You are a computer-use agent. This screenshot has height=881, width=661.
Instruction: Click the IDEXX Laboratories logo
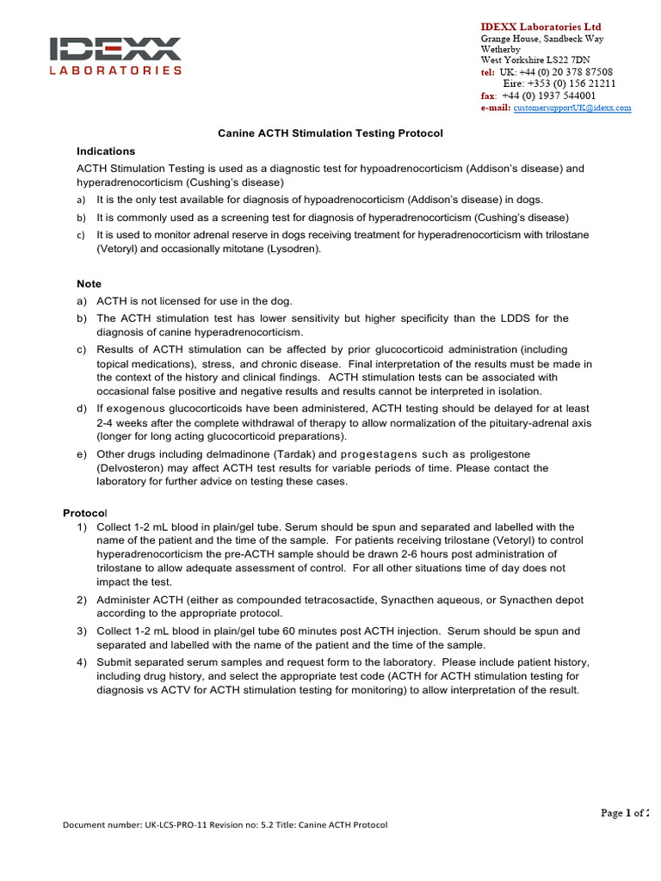click(115, 56)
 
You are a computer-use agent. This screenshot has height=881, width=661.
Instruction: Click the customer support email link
click(572, 108)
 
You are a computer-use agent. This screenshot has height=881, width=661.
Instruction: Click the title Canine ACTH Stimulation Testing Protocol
click(330, 133)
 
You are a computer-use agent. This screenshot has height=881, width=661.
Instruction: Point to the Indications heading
click(106, 151)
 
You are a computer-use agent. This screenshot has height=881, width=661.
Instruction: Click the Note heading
click(89, 284)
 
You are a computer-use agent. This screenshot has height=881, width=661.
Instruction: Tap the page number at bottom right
click(625, 813)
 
